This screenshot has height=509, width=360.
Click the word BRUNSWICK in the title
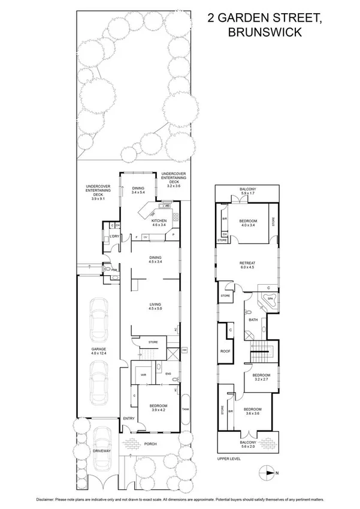click(x=269, y=33)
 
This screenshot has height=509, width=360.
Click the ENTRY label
click(x=128, y=418)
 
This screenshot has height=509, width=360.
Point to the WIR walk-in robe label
click(x=144, y=375)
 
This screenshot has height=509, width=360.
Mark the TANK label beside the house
click(x=185, y=409)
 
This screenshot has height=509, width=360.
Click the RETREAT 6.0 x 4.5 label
click(x=247, y=264)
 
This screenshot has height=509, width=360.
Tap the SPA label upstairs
click(x=270, y=298)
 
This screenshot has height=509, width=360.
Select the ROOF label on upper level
click(x=225, y=352)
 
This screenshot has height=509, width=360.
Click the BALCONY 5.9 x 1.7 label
click(x=248, y=192)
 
